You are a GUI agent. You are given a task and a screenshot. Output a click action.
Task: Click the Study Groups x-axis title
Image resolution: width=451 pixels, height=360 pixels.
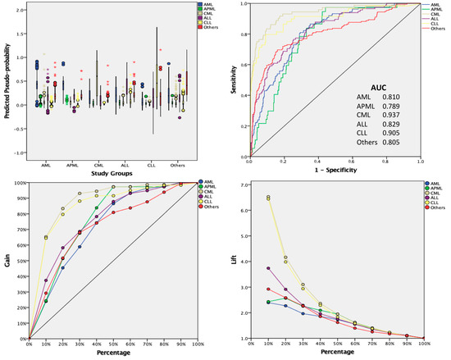coord(112,173)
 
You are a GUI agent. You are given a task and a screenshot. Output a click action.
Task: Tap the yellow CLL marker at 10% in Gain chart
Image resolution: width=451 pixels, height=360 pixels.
coord(46,238)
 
